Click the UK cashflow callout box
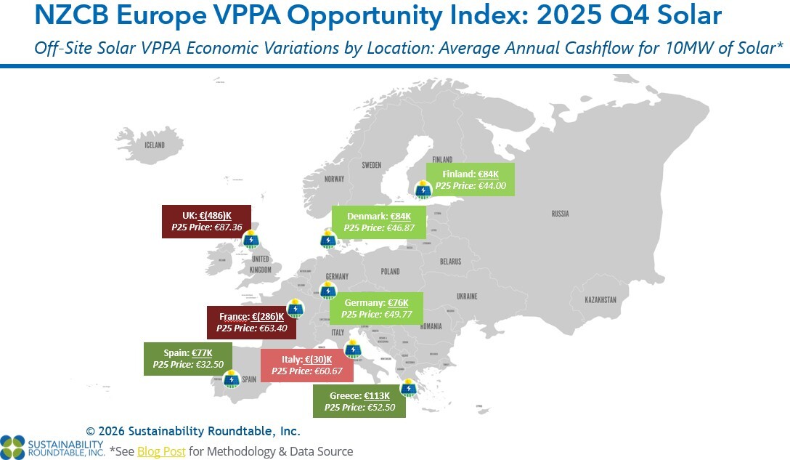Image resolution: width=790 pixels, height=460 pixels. tap(206, 221)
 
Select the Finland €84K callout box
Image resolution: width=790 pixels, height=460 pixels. tap(470, 179)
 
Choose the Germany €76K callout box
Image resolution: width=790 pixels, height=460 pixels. tap(376, 308)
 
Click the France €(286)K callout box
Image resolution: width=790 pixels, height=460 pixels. tap(247, 322)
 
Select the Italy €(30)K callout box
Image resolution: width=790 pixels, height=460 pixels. tap(306, 365)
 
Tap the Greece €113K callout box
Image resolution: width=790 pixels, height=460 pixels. tap(359, 401)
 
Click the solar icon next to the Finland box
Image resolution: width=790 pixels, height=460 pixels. tap(423, 190)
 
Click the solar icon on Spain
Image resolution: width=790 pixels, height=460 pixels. tap(232, 379)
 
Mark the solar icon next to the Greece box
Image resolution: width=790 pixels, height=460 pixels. tap(409, 388)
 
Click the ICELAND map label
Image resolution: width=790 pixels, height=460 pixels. tap(154, 145)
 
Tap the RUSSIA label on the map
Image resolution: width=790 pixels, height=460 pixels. tap(560, 214)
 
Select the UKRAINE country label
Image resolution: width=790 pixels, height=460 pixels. tap(466, 296)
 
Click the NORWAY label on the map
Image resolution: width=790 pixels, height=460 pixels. tap(334, 179)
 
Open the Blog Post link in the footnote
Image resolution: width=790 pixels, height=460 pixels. tap(161, 451)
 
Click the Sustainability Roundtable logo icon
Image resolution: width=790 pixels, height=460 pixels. tap(12, 446)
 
